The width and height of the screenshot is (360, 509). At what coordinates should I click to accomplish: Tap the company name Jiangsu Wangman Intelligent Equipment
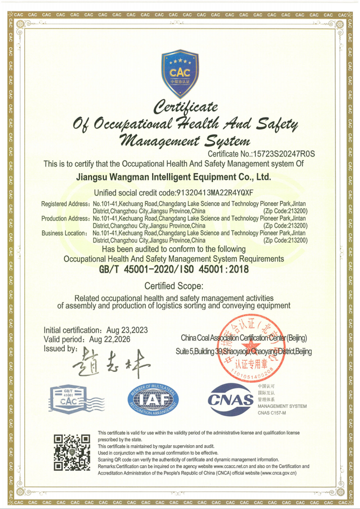click(175, 177)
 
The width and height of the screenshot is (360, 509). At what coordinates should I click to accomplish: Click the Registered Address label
click(66, 204)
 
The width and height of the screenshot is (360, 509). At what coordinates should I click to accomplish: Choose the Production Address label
click(66, 219)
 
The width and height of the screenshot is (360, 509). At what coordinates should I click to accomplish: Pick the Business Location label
click(64, 233)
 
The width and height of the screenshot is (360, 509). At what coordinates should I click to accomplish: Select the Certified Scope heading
click(174, 286)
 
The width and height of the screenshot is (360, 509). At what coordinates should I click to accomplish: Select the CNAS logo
click(231, 399)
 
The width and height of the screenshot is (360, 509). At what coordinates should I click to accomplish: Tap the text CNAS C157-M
click(272, 413)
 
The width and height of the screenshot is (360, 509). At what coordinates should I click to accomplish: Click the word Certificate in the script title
click(186, 107)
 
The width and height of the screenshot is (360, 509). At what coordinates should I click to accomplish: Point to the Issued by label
click(61, 348)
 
